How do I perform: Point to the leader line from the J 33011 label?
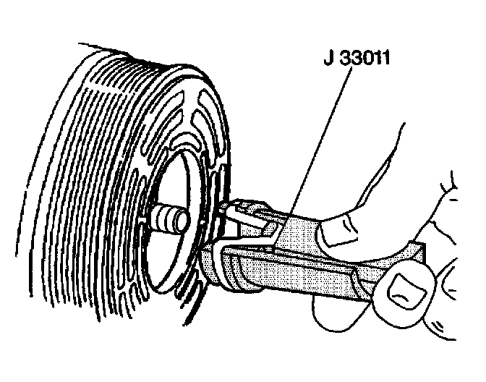(x=311, y=145)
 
